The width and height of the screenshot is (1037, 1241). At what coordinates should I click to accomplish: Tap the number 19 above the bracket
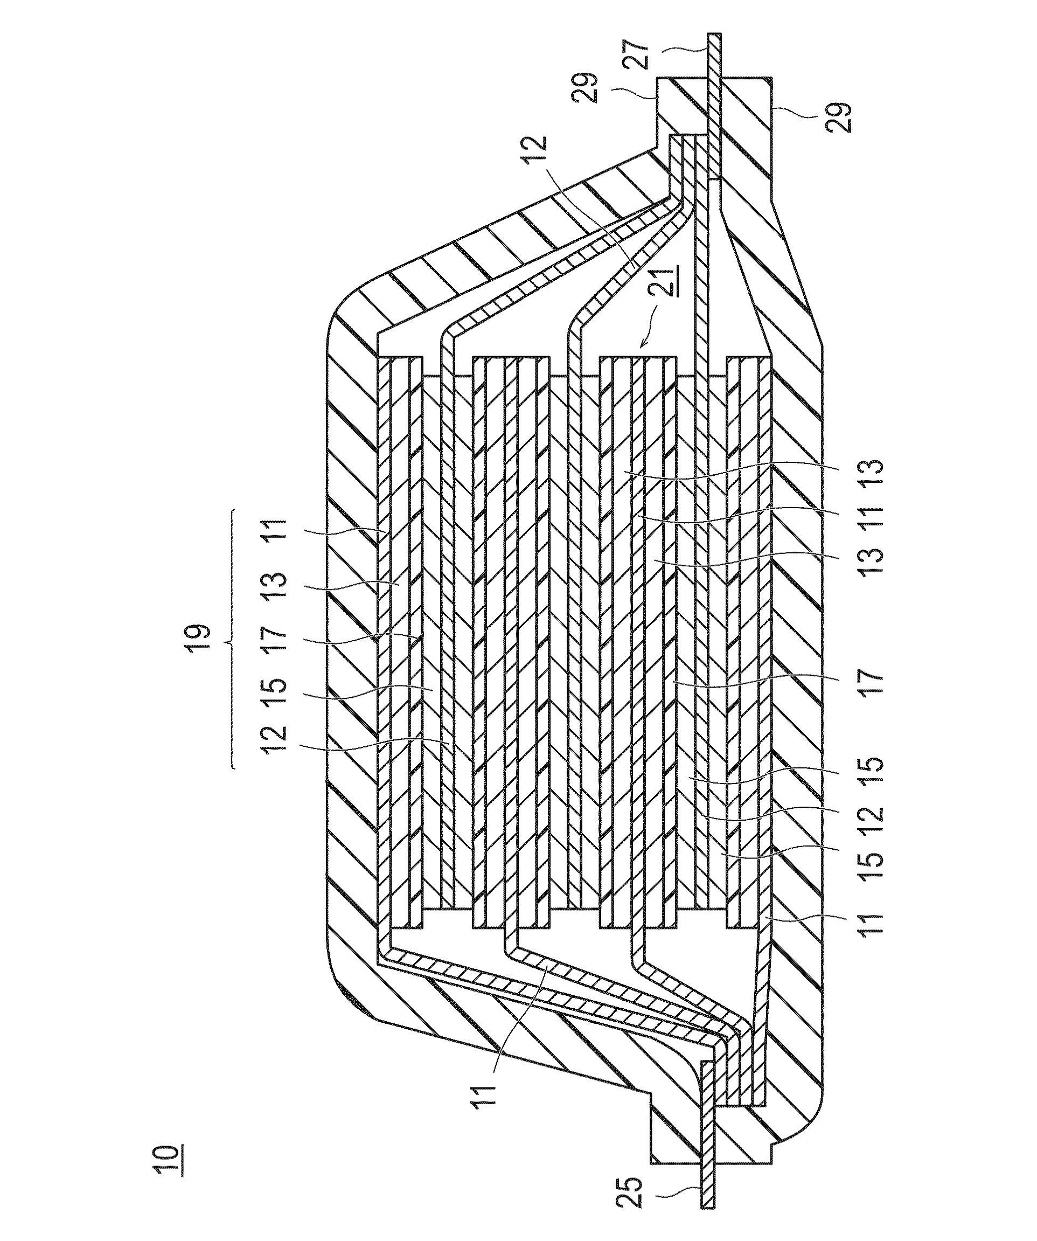pos(199,638)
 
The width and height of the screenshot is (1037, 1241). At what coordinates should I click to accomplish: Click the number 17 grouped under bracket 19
pos(278,640)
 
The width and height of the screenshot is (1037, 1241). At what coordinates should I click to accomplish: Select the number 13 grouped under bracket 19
pos(278,585)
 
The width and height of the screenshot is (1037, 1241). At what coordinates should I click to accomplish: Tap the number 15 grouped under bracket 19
pos(278,692)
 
